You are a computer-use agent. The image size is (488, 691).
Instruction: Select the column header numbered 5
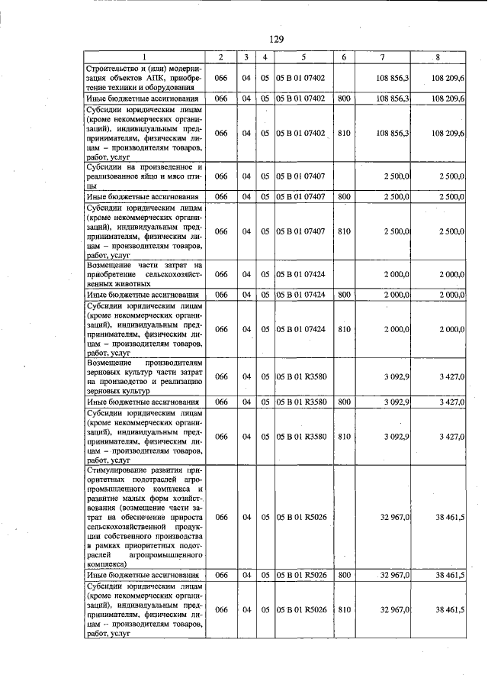303,58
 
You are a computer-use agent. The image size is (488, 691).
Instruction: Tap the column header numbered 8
438,58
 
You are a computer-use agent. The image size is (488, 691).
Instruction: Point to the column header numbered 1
143,58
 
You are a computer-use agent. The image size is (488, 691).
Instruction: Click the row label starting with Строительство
143,78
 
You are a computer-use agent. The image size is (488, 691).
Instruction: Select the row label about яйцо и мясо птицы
143,176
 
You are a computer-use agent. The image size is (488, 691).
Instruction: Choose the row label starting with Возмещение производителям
143,376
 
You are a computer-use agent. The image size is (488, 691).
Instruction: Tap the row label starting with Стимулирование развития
143,517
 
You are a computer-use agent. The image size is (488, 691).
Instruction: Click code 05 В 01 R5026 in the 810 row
303,609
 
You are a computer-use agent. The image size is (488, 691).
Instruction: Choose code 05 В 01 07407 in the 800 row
303,197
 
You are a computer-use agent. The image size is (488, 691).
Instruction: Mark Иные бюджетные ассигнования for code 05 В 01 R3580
143,401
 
